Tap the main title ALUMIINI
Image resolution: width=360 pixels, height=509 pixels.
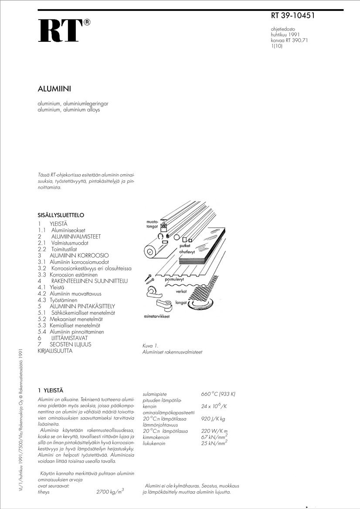(x=54, y=89)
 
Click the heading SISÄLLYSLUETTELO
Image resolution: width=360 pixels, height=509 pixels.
(x=61, y=215)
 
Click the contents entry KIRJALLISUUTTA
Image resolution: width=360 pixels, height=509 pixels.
(x=55, y=351)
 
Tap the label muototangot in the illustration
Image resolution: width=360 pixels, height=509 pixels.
(x=152, y=225)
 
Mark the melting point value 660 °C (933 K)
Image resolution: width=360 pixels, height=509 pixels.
(x=218, y=394)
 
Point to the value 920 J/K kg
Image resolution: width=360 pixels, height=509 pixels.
(x=213, y=419)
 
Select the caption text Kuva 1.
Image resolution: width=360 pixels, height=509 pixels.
(x=150, y=346)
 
